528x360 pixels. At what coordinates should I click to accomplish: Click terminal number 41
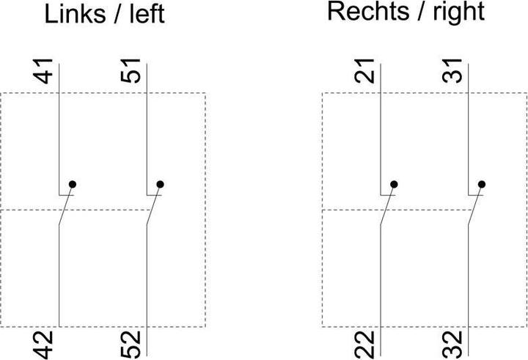point(43,71)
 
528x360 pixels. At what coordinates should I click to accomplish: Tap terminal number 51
point(131,70)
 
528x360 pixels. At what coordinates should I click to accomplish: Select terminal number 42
point(43,345)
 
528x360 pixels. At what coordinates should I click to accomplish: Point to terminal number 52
point(131,344)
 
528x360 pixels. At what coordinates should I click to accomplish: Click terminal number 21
point(364,70)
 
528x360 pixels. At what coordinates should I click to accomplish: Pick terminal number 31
point(452,70)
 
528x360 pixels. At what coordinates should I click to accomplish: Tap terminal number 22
point(364,344)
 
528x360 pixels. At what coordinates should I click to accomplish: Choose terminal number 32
point(452,344)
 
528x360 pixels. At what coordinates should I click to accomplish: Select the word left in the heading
point(147,14)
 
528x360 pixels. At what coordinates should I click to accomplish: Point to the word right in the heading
point(458,13)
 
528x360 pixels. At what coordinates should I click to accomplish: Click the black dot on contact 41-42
point(73,184)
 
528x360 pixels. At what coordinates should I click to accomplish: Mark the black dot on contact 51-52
point(161,184)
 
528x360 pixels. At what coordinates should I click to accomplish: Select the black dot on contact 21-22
point(394,184)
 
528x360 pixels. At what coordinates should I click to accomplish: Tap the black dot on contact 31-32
point(482,184)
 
